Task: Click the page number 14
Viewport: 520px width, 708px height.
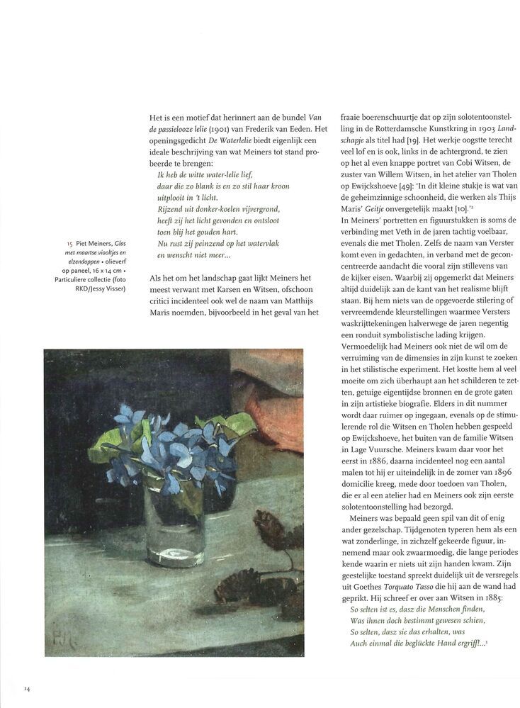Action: pyautogui.click(x=27, y=688)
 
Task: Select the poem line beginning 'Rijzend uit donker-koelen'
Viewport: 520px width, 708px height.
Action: pyautogui.click(x=219, y=208)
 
